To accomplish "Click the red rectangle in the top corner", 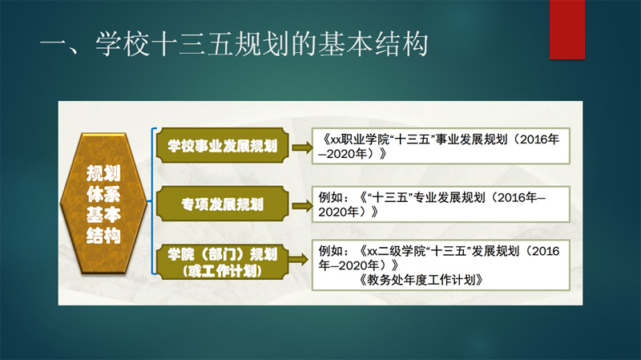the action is point(567,30).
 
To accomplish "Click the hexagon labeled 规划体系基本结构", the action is point(103,204).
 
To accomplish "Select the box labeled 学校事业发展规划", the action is point(223,145).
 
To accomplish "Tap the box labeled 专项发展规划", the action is point(223,204).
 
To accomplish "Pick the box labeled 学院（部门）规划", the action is point(223,262).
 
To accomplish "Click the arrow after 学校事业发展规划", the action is point(302,147).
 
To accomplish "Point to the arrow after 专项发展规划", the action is point(302,206).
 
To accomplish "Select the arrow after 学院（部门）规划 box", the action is point(299,259).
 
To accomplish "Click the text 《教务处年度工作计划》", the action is point(421,281).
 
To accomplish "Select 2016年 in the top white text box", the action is point(539,140).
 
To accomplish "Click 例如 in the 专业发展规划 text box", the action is point(330,197).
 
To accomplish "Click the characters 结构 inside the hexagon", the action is point(103,235).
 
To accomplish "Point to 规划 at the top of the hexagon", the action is point(103,173).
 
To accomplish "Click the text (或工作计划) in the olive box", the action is point(223,271).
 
